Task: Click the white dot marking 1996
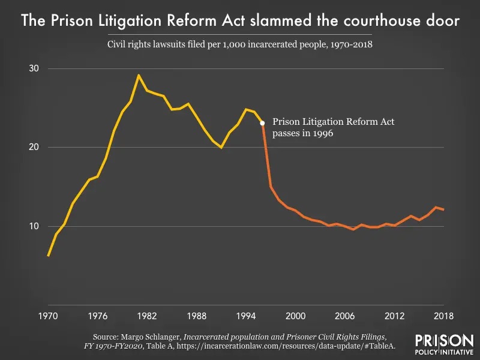click(262, 123)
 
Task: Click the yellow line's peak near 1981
click(139, 76)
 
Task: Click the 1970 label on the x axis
click(48, 316)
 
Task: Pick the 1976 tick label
click(97, 316)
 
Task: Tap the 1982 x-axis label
click(147, 316)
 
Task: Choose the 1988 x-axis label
click(196, 316)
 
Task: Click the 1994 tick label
click(246, 316)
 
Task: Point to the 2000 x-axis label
click(295, 316)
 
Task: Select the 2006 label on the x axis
click(345, 316)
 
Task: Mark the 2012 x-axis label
click(394, 316)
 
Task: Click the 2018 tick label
click(443, 316)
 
